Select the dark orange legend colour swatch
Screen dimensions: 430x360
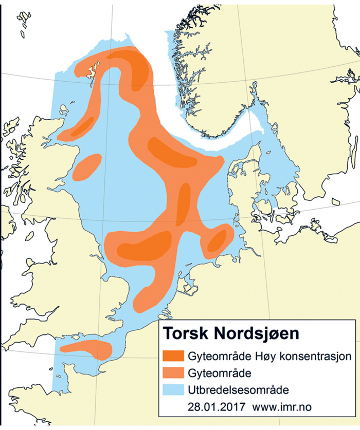[x=173, y=356]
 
